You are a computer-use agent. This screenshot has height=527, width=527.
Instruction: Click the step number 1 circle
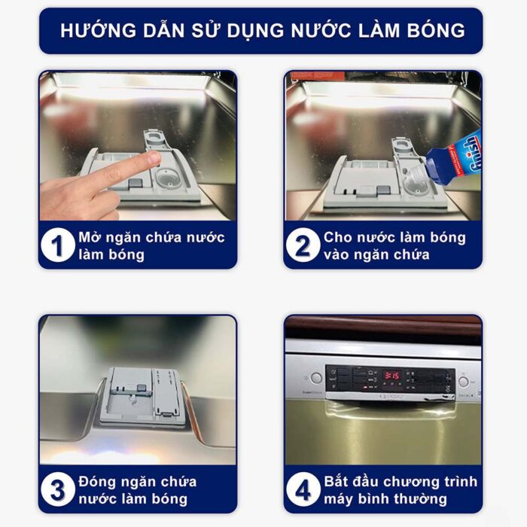(58, 245)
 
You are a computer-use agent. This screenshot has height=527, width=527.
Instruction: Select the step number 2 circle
(303, 245)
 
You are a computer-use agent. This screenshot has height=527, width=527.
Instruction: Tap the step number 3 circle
(58, 489)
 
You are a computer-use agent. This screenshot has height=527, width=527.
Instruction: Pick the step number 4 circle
(303, 489)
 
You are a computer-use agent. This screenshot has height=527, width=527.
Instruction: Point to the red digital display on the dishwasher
(391, 375)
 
